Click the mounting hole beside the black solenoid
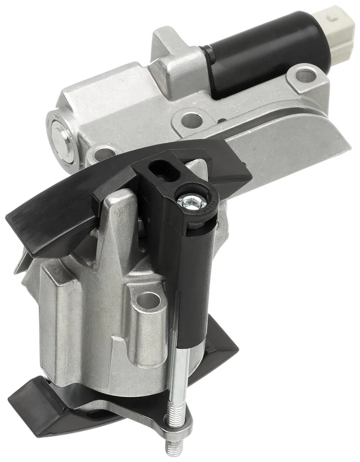[x=305, y=75]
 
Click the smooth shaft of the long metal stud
[x=177, y=380]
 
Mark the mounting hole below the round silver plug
[x=103, y=154]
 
